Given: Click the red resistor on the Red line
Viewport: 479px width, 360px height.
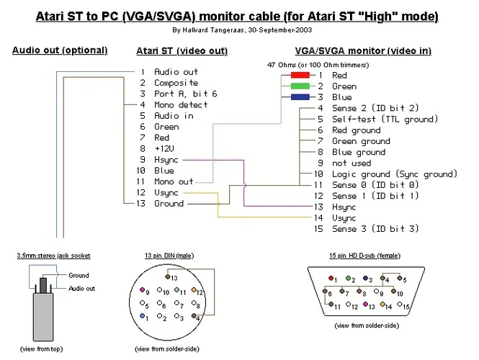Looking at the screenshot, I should click(x=300, y=75).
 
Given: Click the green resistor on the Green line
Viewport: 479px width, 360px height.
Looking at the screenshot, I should click(x=300, y=86).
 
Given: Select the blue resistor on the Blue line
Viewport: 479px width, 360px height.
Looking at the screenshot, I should click(x=300, y=97).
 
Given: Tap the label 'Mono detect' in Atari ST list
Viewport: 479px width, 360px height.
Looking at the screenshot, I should click(x=181, y=104).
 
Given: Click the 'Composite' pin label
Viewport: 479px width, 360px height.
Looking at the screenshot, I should click(x=176, y=83).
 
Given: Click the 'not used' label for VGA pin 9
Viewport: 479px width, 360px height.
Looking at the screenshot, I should click(x=352, y=163).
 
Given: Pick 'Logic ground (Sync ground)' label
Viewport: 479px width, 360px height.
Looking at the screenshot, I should click(x=394, y=174).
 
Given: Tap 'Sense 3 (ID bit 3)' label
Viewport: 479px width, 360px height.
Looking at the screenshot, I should click(x=375, y=229).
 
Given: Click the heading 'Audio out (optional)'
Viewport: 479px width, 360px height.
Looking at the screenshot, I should click(x=60, y=50).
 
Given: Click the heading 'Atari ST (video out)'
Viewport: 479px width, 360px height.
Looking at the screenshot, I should click(x=182, y=51).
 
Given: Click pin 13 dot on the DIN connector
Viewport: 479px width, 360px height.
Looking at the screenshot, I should click(x=168, y=276).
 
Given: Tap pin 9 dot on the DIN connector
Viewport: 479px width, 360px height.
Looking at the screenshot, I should click(x=142, y=292).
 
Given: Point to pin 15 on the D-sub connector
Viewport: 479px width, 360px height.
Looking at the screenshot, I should click(x=405, y=306).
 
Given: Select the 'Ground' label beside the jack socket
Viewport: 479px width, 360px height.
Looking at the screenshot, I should click(x=79, y=275).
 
